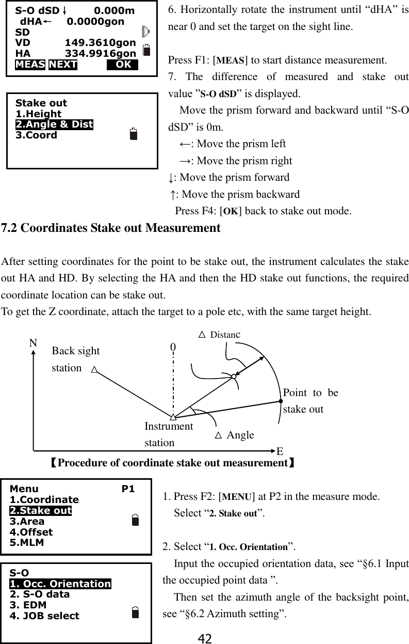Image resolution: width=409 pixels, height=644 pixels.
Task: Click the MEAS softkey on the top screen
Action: click(x=30, y=65)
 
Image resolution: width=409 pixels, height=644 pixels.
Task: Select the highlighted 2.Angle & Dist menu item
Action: click(x=55, y=124)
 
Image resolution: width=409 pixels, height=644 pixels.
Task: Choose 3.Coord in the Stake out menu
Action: click(x=37, y=135)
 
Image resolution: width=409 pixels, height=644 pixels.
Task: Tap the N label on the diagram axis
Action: click(x=34, y=343)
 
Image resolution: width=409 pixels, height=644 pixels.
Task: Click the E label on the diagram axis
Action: click(x=280, y=451)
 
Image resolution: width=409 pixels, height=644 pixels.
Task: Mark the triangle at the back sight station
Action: click(x=94, y=370)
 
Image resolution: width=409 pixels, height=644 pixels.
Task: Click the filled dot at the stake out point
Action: click(x=281, y=400)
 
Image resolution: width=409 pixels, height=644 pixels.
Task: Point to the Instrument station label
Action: click(x=169, y=434)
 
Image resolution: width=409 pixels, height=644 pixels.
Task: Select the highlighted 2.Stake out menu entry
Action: click(x=41, y=511)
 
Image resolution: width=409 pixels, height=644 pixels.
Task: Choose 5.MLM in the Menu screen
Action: click(x=27, y=543)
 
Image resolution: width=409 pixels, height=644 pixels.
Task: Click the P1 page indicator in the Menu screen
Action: click(x=128, y=489)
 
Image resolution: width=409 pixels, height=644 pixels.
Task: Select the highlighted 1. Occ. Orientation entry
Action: click(x=60, y=584)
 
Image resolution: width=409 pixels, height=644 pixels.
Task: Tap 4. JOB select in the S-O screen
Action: click(x=45, y=616)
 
